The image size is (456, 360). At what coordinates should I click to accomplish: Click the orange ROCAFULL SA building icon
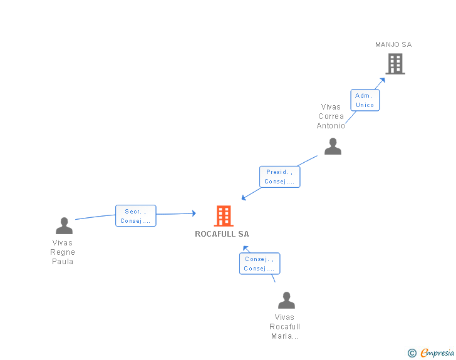click(x=224, y=216)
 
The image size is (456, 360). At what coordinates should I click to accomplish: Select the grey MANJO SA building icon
click(x=395, y=64)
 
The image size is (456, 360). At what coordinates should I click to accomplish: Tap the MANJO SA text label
click(x=393, y=44)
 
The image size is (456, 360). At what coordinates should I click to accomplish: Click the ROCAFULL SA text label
click(x=222, y=234)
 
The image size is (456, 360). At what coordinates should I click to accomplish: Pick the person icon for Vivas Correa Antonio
click(x=333, y=147)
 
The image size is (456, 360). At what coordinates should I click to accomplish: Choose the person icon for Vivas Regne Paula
click(x=64, y=226)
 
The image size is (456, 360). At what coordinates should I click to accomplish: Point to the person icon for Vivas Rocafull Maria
click(x=286, y=301)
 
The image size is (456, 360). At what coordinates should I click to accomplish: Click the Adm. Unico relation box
click(x=365, y=100)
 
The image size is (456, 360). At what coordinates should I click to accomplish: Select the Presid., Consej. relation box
click(x=279, y=177)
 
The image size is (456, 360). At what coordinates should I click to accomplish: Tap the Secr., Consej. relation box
click(x=135, y=216)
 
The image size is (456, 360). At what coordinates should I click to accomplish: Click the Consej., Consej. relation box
click(x=259, y=264)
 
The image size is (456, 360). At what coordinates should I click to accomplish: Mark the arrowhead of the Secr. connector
click(x=193, y=213)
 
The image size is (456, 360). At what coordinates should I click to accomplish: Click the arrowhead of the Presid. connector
click(x=244, y=198)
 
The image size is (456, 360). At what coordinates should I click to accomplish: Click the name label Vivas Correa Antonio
click(x=331, y=116)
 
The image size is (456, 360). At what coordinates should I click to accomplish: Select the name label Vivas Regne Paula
click(x=63, y=252)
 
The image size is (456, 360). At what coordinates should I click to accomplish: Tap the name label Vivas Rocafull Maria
click(x=285, y=327)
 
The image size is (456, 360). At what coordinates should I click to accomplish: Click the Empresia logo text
click(x=437, y=353)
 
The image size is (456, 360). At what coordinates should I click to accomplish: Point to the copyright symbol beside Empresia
click(x=412, y=354)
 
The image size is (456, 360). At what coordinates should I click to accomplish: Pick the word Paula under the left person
click(x=63, y=262)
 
